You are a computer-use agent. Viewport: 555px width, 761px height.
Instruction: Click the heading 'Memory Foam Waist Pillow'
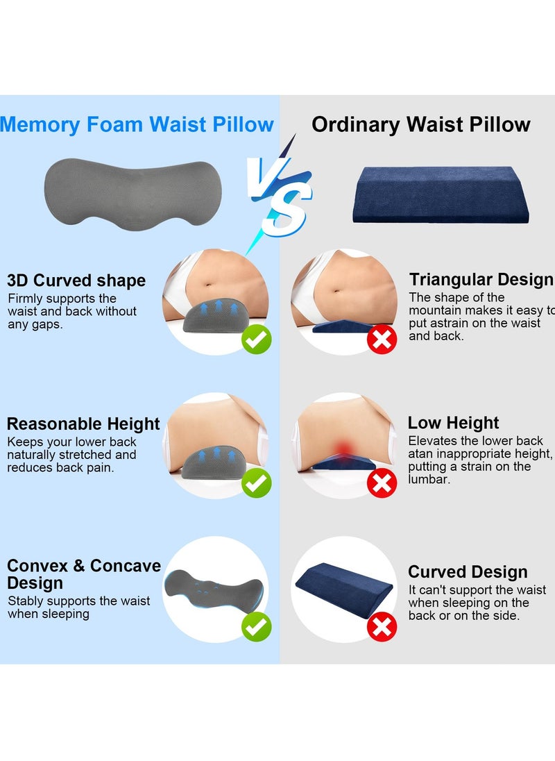[x=137, y=125]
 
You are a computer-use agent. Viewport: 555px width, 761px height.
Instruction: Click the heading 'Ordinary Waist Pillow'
[x=421, y=125]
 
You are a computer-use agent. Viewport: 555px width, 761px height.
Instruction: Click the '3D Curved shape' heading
[x=76, y=281]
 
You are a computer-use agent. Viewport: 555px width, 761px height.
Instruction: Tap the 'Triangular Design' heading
[x=481, y=280]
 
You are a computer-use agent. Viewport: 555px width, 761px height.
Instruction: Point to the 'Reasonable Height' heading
[x=83, y=424]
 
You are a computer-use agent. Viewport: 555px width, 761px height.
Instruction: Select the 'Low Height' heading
[x=453, y=423]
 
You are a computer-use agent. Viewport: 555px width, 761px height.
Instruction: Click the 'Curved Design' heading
[x=468, y=572]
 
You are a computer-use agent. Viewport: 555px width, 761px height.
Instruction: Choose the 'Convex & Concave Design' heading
[x=83, y=574]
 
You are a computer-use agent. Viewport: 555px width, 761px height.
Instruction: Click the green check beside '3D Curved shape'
[x=256, y=340]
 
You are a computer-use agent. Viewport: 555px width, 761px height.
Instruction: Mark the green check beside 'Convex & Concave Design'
[x=256, y=627]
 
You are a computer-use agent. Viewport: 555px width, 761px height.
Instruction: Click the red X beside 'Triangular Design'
[x=382, y=340]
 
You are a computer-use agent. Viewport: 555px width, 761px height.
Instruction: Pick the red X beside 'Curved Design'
[x=382, y=627]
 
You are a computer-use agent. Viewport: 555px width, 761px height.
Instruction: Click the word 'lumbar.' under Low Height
[x=429, y=480]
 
